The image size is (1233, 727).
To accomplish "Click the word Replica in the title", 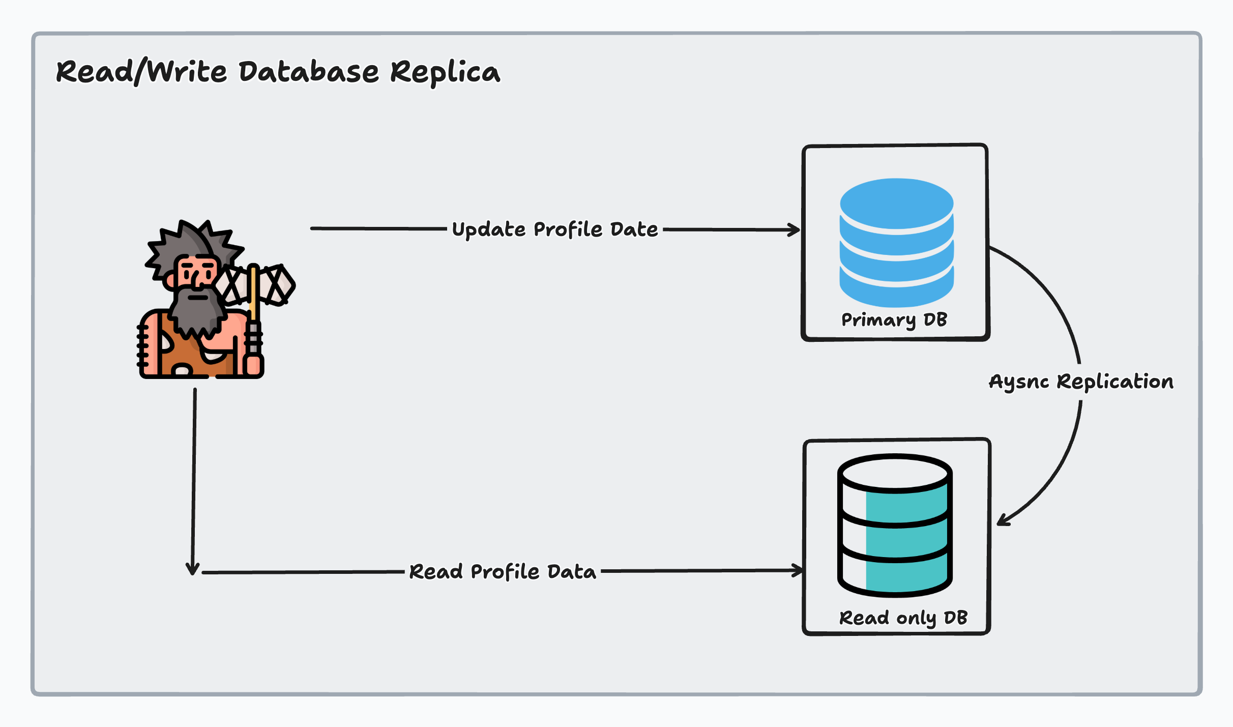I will tap(445, 72).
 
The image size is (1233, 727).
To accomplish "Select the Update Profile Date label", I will tap(554, 229).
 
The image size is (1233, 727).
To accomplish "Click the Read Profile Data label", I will tap(503, 572).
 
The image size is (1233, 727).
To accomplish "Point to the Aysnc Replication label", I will tap(1081, 382).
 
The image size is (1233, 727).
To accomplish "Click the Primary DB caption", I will tap(894, 319).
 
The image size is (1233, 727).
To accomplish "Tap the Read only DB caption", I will tap(903, 618).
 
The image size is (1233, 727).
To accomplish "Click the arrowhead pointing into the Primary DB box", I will tap(795, 230).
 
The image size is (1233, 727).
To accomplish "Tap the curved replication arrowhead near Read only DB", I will tap(1003, 520).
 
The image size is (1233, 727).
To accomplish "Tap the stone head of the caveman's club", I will tap(277, 285).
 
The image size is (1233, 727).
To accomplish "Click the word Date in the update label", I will tap(634, 229).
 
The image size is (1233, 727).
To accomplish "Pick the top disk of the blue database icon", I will tap(896, 201).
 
